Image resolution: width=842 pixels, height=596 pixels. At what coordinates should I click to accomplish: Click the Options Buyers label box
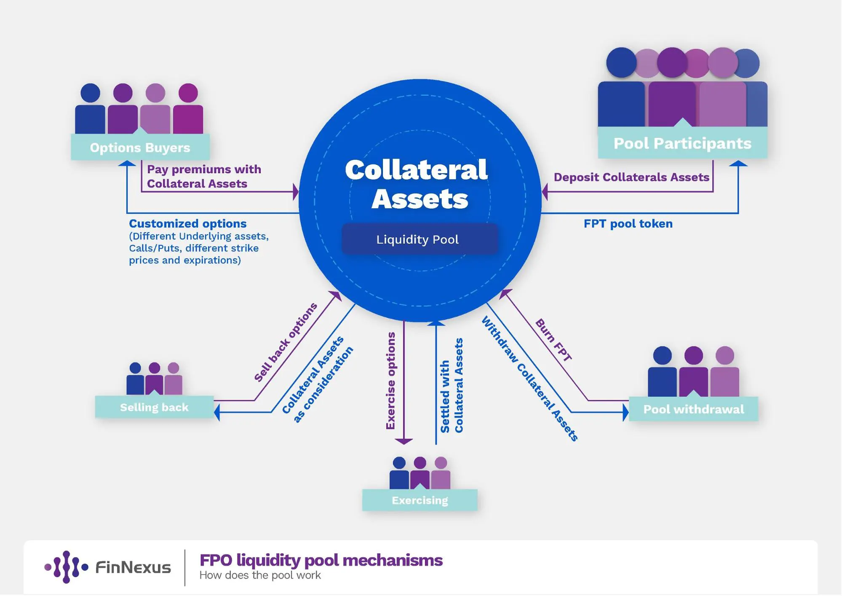(140, 147)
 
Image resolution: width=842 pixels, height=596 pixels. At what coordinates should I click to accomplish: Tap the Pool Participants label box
(682, 143)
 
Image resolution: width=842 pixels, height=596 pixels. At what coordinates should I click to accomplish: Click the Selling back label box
(154, 407)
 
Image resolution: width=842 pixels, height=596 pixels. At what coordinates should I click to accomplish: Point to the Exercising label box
(420, 500)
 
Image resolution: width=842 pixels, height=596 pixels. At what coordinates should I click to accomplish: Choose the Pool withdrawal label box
(693, 409)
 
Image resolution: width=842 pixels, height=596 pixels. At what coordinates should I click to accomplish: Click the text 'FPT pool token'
(628, 223)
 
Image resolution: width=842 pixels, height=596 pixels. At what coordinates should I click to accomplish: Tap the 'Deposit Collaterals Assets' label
(631, 177)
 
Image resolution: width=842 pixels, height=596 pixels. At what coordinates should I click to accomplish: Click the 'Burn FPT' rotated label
(553, 340)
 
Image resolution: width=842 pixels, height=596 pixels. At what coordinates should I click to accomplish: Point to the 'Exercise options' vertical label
(390, 381)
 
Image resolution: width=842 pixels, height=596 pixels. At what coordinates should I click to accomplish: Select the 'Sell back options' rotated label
(285, 342)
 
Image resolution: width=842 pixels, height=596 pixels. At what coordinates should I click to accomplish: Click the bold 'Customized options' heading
(187, 223)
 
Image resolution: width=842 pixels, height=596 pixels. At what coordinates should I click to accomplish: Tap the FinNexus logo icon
(66, 567)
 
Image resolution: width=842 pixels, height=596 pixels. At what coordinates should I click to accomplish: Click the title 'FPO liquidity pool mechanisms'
(321, 560)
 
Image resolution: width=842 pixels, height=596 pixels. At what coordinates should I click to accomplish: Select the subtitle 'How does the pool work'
(260, 575)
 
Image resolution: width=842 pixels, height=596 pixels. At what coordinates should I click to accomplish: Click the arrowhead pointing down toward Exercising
(404, 441)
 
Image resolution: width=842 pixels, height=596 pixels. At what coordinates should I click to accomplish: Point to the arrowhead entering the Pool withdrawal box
(625, 412)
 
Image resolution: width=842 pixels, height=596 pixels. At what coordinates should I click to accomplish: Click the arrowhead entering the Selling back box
(217, 412)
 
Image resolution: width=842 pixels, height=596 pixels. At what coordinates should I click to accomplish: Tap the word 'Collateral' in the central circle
(416, 169)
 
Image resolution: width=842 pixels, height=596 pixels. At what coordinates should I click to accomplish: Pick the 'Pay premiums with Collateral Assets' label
(203, 176)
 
